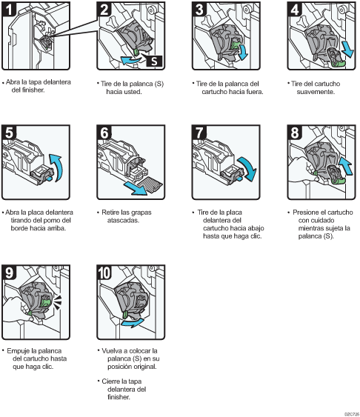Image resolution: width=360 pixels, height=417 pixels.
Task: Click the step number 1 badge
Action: [x=9, y=9]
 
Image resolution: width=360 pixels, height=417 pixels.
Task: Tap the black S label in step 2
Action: [x=154, y=61]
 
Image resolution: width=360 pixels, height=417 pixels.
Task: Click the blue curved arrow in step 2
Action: [x=131, y=59]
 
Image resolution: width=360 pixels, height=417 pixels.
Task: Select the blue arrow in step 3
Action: [x=243, y=52]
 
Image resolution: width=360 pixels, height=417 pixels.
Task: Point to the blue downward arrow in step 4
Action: [x=347, y=49]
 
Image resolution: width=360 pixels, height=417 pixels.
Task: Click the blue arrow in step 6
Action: [x=135, y=188]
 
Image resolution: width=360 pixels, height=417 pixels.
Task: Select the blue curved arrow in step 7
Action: [x=248, y=168]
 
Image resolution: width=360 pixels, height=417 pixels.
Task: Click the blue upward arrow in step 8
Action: [x=345, y=165]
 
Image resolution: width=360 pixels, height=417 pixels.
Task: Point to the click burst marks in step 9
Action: [x=57, y=302]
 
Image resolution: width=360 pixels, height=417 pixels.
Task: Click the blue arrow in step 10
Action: [x=132, y=323]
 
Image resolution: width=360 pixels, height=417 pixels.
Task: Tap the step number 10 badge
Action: [x=104, y=273]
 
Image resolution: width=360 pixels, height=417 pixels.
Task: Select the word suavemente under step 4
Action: [x=316, y=92]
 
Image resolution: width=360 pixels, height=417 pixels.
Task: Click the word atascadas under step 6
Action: [x=123, y=220]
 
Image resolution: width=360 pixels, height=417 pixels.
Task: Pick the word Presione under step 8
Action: [x=305, y=213]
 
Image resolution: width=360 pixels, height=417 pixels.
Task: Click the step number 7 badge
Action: [x=199, y=133]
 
